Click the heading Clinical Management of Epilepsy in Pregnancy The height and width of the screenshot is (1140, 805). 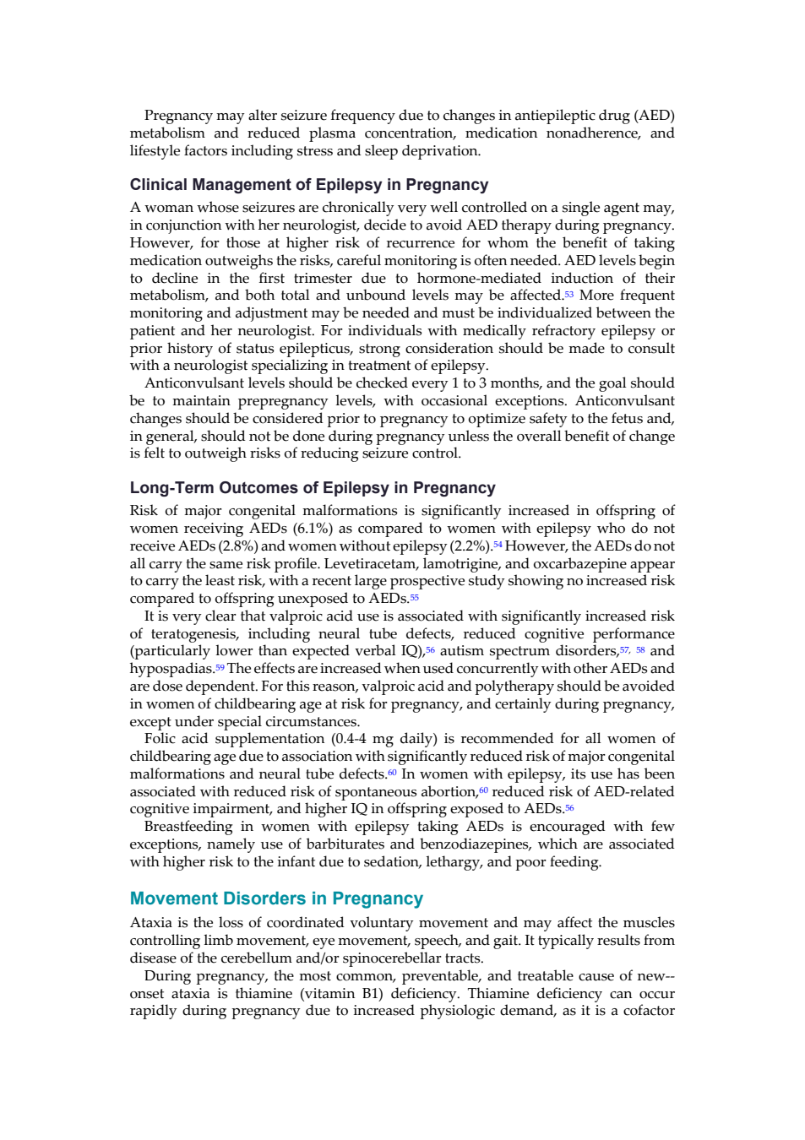[x=308, y=184]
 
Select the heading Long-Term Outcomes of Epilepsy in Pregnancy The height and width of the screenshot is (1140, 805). [x=313, y=487]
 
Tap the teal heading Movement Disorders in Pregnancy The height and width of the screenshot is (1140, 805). [x=276, y=898]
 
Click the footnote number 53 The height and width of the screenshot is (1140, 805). [x=568, y=293]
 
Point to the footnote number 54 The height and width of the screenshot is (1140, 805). [x=498, y=544]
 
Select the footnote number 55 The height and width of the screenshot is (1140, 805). [x=414, y=596]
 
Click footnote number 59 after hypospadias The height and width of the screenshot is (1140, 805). [x=220, y=667]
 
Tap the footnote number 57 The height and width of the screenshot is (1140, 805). [x=625, y=649]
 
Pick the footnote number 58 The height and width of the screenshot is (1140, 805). [x=640, y=649]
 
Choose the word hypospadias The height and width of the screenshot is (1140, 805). [x=171, y=670]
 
